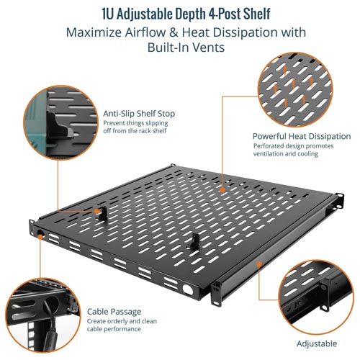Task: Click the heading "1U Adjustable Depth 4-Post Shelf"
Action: [x=186, y=14]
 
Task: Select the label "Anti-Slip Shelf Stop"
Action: [x=139, y=114]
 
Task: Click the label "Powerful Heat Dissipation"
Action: [x=302, y=136]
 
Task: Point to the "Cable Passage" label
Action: [x=114, y=312]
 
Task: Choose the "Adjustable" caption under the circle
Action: [x=317, y=343]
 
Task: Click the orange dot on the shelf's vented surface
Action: [x=222, y=190]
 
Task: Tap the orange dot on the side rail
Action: [x=258, y=264]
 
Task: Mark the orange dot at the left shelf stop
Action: [x=96, y=211]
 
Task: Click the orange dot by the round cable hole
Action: [x=40, y=236]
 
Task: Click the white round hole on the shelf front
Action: [x=187, y=289]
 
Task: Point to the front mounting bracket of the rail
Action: [x=215, y=294]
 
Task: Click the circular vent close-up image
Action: [x=296, y=89]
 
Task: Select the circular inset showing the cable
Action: [x=42, y=315]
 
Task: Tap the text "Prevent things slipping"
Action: [x=135, y=123]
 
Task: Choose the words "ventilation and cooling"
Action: [x=286, y=154]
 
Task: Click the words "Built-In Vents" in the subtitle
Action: [x=186, y=48]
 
